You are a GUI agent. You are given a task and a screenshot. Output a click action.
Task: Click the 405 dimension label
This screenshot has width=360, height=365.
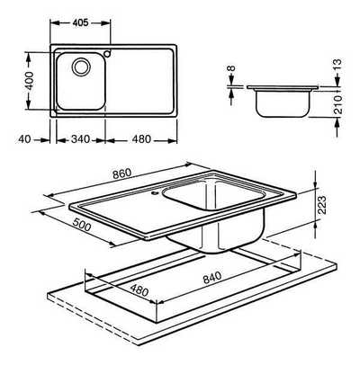pyautogui.click(x=80, y=22)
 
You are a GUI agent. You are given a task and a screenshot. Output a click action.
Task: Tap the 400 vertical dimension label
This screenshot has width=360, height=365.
pyautogui.click(x=29, y=81)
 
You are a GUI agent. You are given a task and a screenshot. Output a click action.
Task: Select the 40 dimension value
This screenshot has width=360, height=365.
pyautogui.click(x=24, y=139)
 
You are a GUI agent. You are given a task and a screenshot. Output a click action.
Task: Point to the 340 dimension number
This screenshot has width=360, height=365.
pyautogui.click(x=80, y=139)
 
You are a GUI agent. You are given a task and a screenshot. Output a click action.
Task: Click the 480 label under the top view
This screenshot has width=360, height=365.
pyautogui.click(x=140, y=139)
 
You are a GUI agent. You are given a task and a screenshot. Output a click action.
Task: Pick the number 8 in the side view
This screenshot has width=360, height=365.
pyautogui.click(x=231, y=68)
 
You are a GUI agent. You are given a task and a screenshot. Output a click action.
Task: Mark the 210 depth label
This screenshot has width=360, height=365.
pyautogui.click(x=337, y=104)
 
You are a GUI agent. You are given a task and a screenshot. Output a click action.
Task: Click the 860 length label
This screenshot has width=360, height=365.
pyautogui.click(x=122, y=174)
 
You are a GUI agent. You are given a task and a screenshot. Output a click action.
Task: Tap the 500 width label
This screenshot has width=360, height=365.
pyautogui.click(x=82, y=225)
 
